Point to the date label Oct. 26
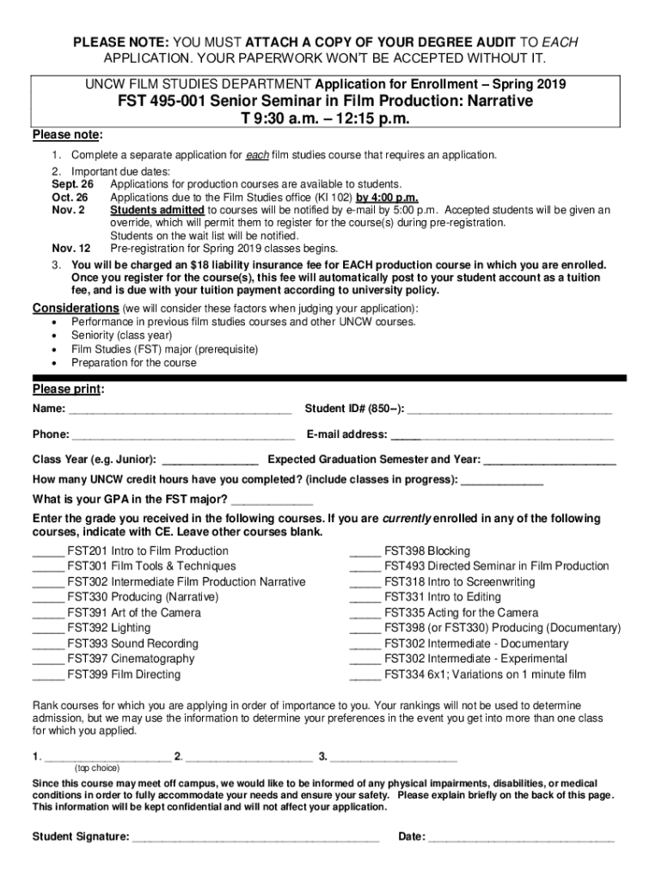70,197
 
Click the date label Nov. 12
71,248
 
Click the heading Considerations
76,308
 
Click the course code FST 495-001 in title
168,102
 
